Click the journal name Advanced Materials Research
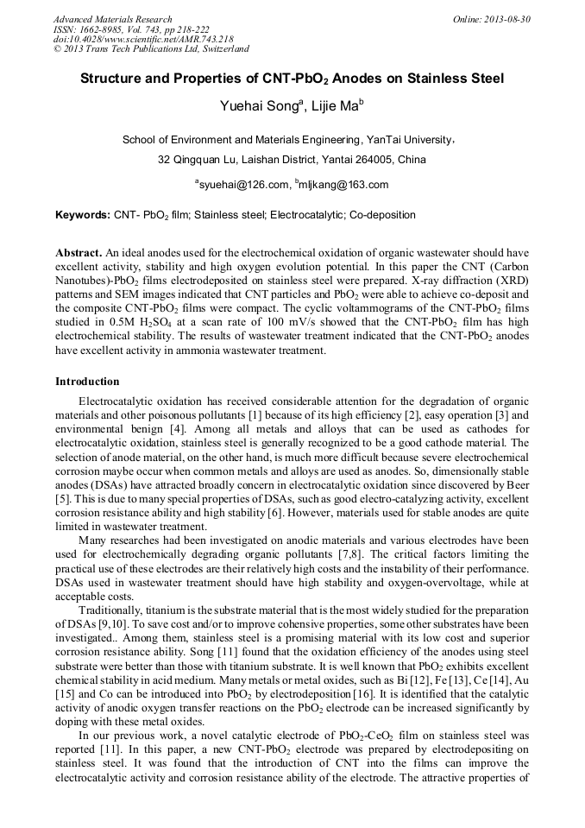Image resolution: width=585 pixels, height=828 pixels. click(112, 19)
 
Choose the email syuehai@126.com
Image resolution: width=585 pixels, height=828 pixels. click(242, 185)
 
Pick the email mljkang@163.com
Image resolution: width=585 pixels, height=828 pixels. click(342, 185)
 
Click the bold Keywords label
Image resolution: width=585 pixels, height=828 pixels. click(83, 215)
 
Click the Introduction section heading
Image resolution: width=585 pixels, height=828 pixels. click(87, 382)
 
